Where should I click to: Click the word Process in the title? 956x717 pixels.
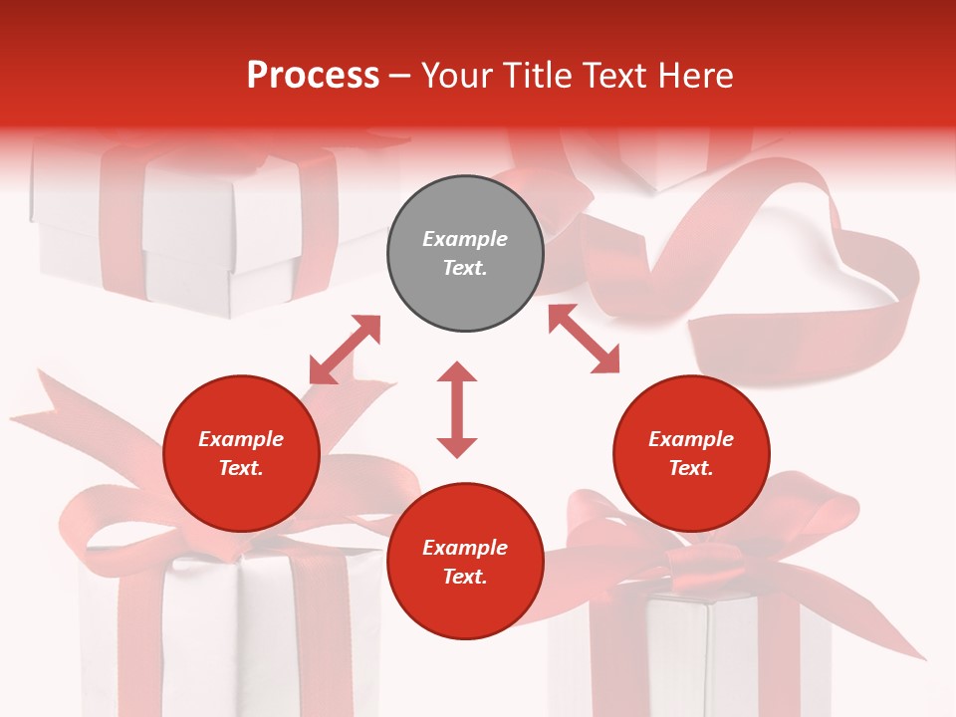313,76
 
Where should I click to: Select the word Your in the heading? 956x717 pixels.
455,76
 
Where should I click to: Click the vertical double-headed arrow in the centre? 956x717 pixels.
457,410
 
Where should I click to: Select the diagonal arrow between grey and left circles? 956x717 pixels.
345,350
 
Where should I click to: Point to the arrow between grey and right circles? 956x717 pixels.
584,339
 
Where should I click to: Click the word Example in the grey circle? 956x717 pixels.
465,239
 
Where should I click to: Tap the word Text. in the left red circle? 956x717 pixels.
241,468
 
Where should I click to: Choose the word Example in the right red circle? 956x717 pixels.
691,439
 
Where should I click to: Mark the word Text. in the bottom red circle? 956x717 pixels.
465,577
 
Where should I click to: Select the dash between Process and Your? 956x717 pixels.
400,77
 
